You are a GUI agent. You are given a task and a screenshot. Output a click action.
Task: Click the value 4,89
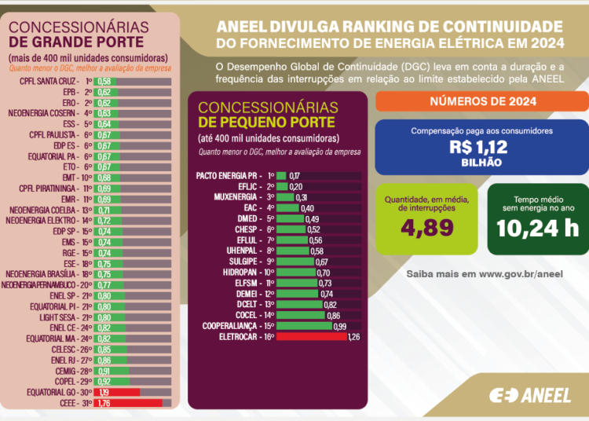[426, 228]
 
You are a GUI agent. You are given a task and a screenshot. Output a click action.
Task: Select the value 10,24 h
[538, 228]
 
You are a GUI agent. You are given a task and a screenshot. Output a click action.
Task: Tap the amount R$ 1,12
[480, 146]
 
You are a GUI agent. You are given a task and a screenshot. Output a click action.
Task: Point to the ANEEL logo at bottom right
[530, 395]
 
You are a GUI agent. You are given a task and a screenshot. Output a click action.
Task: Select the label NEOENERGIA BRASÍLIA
[41, 274]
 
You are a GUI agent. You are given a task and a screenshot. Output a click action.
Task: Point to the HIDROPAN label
[244, 272]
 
